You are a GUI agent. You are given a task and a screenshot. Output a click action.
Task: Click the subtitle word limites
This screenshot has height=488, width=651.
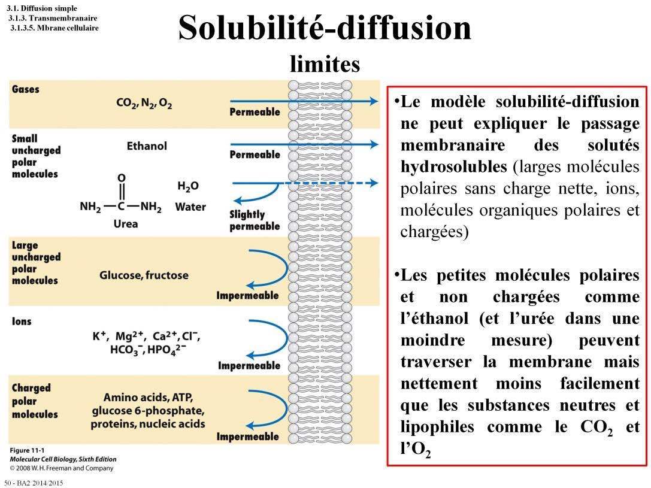[x=325, y=63]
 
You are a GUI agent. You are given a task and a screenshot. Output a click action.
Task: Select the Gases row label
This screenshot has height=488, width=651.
[x=25, y=89]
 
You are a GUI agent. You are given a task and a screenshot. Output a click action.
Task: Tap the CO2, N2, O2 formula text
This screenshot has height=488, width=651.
[x=144, y=103]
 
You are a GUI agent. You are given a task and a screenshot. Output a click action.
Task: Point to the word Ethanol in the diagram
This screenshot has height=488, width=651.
[x=147, y=146]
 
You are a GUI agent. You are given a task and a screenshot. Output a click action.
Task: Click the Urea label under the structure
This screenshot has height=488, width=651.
[x=125, y=223]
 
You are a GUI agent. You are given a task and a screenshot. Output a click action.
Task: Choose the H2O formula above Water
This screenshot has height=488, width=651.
[x=188, y=186]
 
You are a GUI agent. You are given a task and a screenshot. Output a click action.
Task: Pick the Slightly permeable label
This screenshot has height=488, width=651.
[x=255, y=220]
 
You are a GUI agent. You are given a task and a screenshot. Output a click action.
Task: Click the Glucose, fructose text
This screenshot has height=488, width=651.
[x=144, y=275]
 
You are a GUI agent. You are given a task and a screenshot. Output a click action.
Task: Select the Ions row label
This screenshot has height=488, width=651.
[x=22, y=322]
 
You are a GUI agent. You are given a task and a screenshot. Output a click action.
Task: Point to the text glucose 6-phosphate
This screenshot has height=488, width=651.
[x=148, y=411]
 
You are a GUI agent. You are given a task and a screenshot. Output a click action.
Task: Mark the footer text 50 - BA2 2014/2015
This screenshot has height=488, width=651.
[x=34, y=483]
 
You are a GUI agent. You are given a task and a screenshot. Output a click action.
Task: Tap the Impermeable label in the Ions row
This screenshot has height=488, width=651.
[x=249, y=365]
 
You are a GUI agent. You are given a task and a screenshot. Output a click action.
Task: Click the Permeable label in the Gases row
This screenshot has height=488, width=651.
[x=255, y=112]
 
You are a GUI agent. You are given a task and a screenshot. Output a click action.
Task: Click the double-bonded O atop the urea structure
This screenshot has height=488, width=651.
[x=122, y=178]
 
